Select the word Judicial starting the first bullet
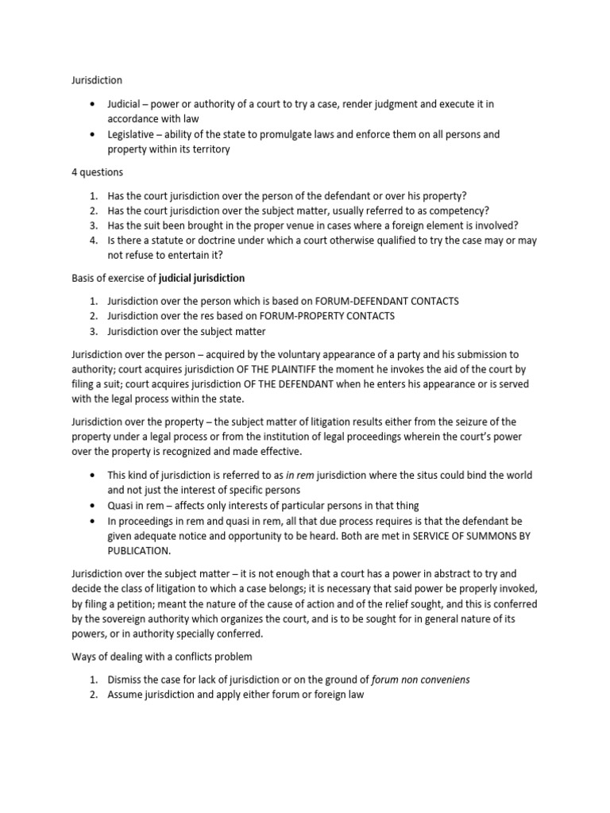pos(125,105)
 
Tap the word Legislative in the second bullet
pos(133,135)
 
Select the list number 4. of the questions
pos(94,241)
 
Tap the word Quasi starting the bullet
pos(122,505)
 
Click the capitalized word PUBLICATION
pos(139,550)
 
